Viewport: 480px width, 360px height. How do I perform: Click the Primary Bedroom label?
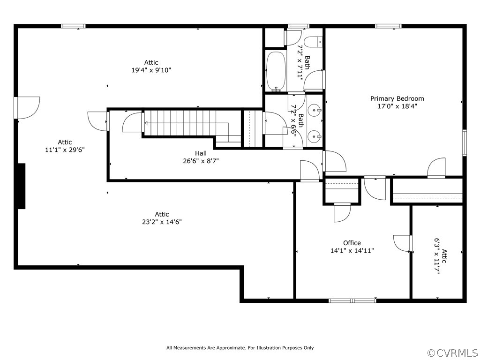coord(397,98)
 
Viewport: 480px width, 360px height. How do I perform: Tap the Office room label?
coord(352,243)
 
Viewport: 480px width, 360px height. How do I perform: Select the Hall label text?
coord(201,153)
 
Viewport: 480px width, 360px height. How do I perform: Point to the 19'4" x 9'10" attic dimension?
coord(151,70)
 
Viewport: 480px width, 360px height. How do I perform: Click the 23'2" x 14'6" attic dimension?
coord(162,222)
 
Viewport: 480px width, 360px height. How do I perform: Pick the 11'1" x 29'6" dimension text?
coord(65,150)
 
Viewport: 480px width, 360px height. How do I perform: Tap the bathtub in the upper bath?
coord(276,71)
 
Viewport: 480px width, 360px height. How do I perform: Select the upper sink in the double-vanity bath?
coord(315,110)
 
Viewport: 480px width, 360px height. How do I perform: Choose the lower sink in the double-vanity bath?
coord(315,136)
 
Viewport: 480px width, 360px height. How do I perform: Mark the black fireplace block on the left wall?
coord(21,186)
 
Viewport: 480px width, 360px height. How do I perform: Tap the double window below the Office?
coord(352,300)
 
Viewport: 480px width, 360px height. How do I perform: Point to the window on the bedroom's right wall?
coord(465,142)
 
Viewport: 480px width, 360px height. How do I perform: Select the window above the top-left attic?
coord(73,26)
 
